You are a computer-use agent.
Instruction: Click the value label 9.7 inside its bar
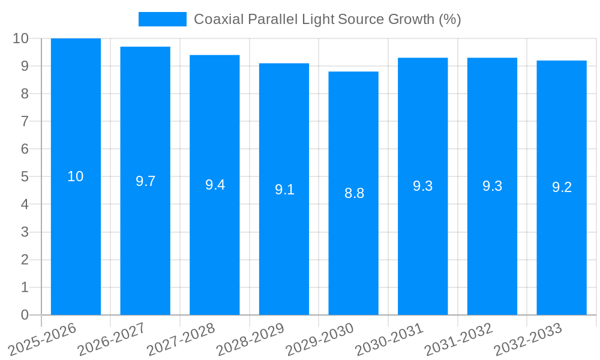(145, 181)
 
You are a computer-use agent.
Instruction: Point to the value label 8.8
(354, 193)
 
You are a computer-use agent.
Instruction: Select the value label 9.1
(284, 190)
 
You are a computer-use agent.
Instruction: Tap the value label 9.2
(562, 187)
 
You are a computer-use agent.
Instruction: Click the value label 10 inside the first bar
(76, 176)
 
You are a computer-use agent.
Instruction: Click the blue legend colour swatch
(162, 19)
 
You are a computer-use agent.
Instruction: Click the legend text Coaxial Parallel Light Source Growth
(327, 19)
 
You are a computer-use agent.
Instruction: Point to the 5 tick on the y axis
(25, 177)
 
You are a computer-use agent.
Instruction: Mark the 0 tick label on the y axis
(25, 315)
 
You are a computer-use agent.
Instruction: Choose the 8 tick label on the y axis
(25, 94)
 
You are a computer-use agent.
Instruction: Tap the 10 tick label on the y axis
(21, 38)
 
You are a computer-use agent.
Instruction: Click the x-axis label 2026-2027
(112, 340)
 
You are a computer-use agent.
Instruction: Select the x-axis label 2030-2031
(390, 340)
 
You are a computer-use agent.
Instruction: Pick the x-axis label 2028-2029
(251, 340)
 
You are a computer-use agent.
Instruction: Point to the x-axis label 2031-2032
(459, 340)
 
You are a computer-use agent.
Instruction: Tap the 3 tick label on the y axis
(25, 232)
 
